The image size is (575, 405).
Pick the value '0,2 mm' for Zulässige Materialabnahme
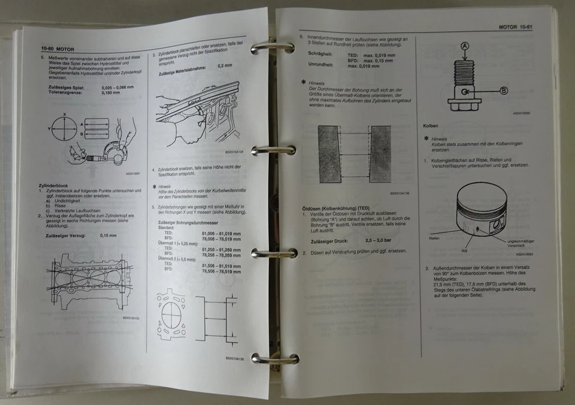click(x=225, y=65)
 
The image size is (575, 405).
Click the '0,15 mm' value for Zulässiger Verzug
click(x=108, y=235)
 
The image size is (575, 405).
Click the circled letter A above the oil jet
click(x=465, y=46)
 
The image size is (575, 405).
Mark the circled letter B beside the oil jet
click(x=503, y=90)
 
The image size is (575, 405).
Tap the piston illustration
click(x=480, y=211)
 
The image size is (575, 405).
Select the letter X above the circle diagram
click(x=64, y=112)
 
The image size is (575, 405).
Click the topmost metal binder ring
click(x=273, y=47)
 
